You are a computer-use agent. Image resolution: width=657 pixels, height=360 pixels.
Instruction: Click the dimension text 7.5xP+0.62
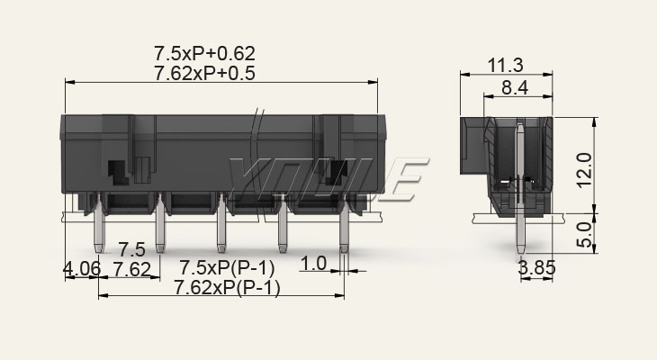(204, 54)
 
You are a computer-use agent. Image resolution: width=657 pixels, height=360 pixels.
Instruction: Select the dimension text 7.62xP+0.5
(204, 73)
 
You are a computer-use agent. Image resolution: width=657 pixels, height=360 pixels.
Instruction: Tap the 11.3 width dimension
(506, 66)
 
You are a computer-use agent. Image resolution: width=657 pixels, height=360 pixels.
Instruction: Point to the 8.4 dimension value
(515, 88)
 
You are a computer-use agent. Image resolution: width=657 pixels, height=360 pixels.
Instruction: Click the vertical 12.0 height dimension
(584, 170)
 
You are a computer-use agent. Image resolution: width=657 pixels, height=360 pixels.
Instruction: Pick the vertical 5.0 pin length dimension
(584, 234)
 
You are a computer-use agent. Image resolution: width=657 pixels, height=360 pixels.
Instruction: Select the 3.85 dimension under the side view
(536, 267)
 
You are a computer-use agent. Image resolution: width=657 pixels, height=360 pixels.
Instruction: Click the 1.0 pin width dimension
(313, 264)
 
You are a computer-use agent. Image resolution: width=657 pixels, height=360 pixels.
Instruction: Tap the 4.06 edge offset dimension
(82, 268)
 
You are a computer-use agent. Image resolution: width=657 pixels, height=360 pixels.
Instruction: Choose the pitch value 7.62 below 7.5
(132, 269)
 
